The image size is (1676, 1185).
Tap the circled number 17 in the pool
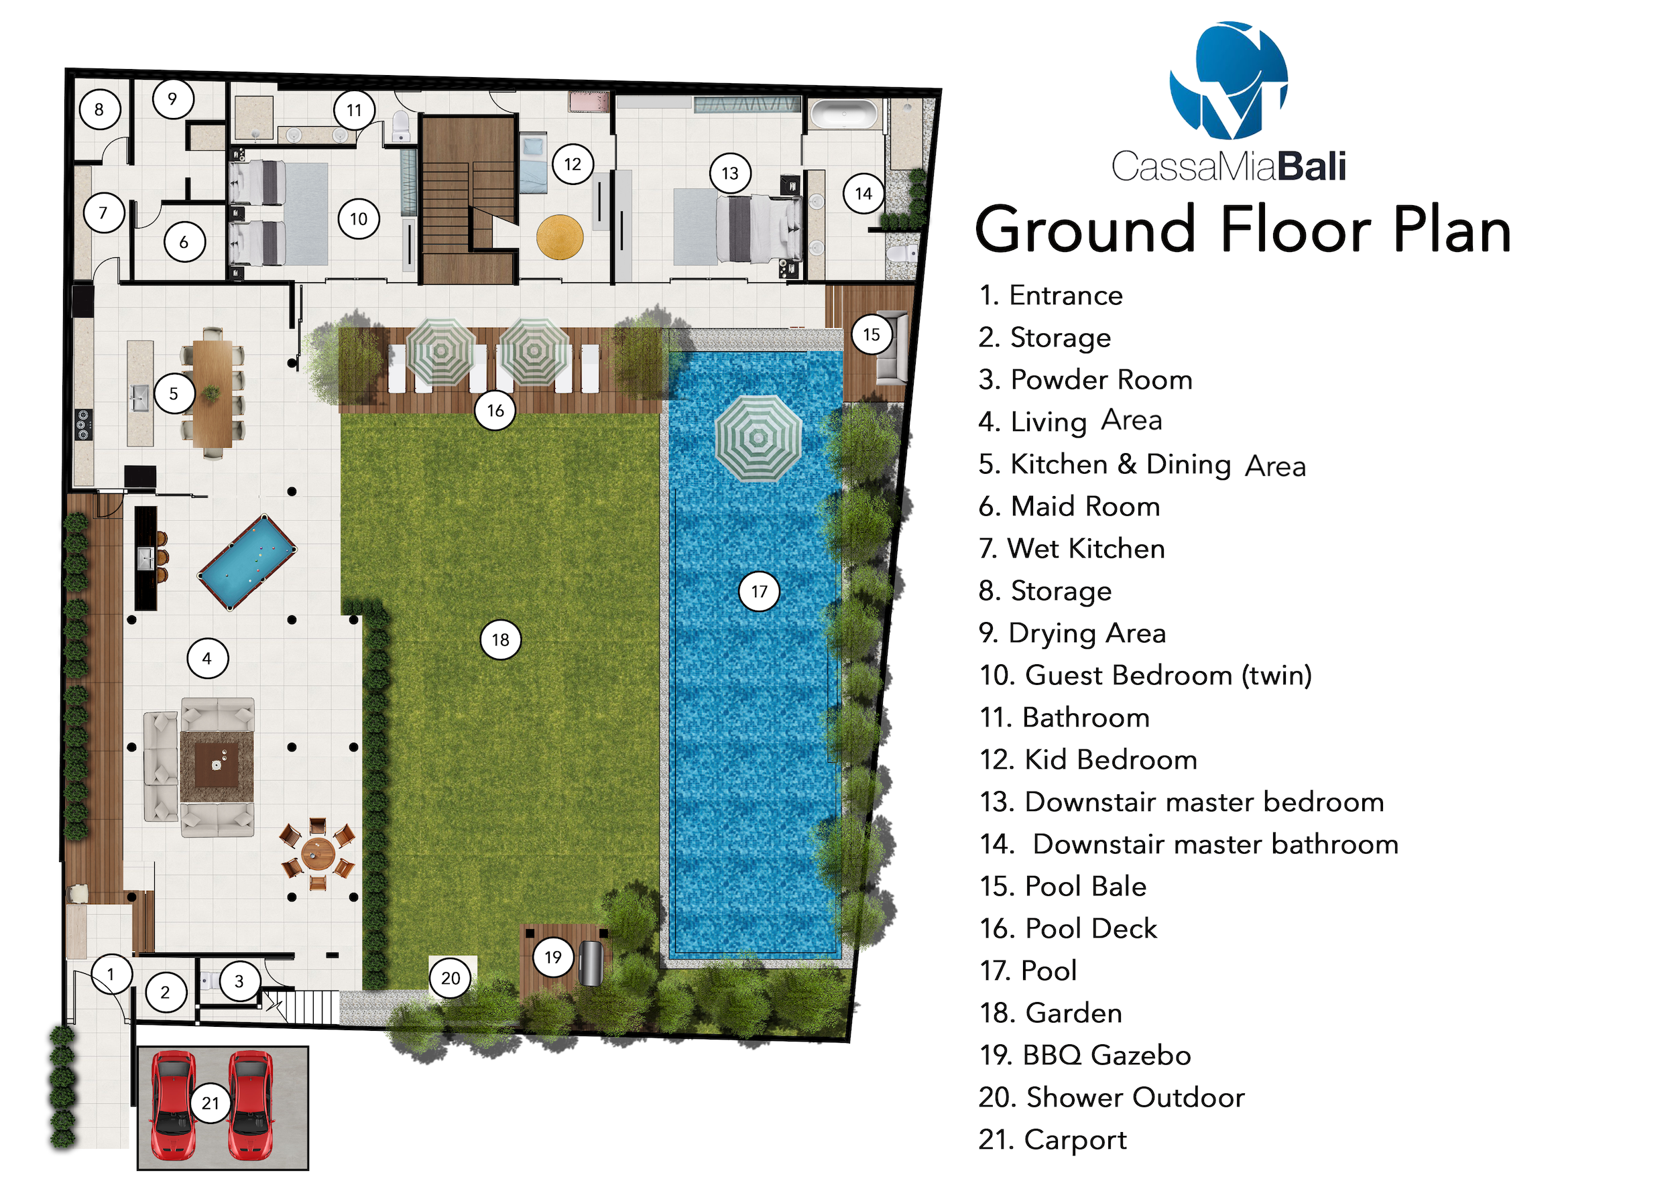(759, 591)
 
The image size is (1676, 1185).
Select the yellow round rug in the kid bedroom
(560, 237)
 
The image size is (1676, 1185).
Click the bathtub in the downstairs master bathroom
(844, 115)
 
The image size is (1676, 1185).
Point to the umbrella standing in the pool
(758, 438)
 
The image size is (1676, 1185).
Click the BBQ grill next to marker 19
(591, 963)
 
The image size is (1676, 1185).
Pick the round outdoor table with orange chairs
(318, 853)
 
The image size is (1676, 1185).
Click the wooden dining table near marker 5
(213, 393)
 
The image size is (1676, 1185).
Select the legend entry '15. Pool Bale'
(1063, 886)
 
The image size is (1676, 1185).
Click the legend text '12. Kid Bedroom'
(1087, 759)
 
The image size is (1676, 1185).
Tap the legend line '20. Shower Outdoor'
(1111, 1097)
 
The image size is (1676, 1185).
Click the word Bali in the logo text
(1312, 166)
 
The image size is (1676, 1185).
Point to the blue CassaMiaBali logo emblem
(1230, 80)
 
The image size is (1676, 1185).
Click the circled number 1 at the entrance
(111, 973)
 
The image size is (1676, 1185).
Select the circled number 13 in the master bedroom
(730, 173)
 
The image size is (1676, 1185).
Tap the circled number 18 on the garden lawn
(500, 640)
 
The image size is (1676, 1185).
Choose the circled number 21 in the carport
(211, 1103)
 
